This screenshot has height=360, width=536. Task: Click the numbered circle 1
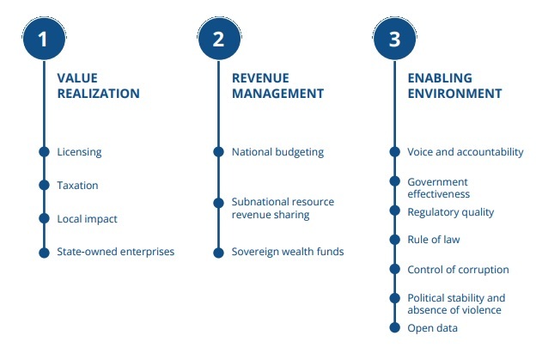44,39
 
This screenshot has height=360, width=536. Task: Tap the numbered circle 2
219,39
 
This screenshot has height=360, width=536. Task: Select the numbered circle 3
394,39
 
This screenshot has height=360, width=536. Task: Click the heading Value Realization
98,86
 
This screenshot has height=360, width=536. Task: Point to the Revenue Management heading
277,86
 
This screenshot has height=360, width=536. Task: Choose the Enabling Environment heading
454,86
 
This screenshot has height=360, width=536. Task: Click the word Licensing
79,152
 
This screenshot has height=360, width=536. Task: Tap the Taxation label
77,186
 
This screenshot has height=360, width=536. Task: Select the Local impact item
87,219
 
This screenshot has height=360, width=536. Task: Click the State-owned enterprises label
116,252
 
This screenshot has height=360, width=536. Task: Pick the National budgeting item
277,152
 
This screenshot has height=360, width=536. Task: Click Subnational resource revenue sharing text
283,208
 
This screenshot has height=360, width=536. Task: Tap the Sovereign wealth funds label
288,252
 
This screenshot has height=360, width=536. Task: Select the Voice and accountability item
466,152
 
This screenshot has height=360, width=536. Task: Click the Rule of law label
434,240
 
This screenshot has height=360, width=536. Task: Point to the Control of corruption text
458,270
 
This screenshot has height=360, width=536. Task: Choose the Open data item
432,328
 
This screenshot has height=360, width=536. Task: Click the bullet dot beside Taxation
44,185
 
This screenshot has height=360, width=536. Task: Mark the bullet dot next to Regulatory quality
394,211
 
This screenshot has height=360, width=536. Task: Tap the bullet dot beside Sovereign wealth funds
218,253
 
